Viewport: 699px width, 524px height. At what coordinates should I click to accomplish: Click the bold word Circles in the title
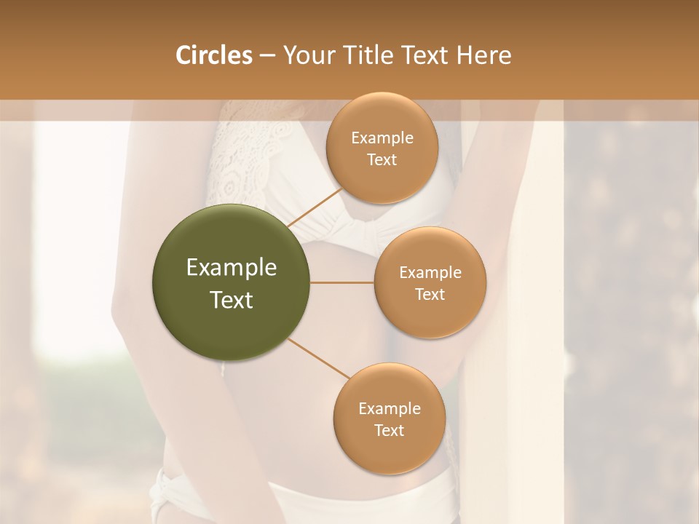(x=213, y=55)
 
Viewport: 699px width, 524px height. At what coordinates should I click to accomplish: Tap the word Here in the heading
(x=483, y=55)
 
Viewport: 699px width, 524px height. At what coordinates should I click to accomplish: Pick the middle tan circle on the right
(x=430, y=317)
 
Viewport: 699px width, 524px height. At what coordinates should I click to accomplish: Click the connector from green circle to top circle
(x=315, y=207)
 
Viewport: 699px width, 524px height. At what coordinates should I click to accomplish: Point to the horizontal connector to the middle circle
(x=341, y=282)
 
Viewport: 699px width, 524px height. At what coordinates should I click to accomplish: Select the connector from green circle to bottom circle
(x=318, y=360)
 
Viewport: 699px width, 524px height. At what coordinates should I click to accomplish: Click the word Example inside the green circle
(x=232, y=268)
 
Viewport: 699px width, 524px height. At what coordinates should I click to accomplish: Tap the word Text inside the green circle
(x=232, y=300)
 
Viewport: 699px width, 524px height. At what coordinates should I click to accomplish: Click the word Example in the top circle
(x=382, y=138)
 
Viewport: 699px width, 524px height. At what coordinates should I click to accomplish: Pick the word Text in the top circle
(x=382, y=159)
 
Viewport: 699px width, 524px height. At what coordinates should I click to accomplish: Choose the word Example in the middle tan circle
(x=430, y=273)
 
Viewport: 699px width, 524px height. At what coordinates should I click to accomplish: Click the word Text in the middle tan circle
(x=430, y=294)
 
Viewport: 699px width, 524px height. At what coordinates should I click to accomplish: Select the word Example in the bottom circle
(x=389, y=409)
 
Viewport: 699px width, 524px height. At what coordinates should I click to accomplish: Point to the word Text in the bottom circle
(x=389, y=430)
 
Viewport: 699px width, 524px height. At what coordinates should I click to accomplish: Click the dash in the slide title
(x=267, y=56)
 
